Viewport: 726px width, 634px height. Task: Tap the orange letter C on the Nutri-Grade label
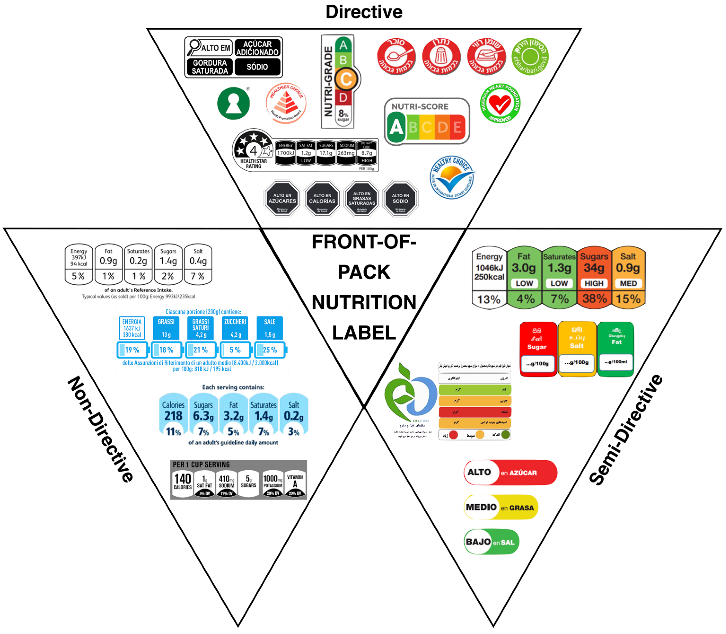point(346,79)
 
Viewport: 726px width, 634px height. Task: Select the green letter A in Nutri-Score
point(396,127)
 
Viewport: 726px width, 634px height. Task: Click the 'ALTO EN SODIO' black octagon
point(400,198)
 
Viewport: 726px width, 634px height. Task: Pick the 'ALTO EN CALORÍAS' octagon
point(322,198)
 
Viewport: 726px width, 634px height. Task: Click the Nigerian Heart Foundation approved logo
point(500,104)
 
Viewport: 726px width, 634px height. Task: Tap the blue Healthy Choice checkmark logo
point(452,177)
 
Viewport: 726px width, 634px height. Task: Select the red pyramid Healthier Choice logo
point(286,103)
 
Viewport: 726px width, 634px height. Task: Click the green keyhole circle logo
point(233,103)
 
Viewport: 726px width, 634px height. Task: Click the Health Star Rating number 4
point(253,151)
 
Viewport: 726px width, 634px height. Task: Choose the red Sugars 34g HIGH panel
point(594,276)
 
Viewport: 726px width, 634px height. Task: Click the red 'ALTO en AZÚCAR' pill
point(510,473)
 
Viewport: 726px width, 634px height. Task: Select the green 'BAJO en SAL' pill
point(491,542)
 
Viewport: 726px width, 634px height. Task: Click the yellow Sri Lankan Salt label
point(577,348)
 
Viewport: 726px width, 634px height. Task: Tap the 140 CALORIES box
point(183,481)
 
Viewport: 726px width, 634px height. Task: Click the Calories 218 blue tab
point(173,415)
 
